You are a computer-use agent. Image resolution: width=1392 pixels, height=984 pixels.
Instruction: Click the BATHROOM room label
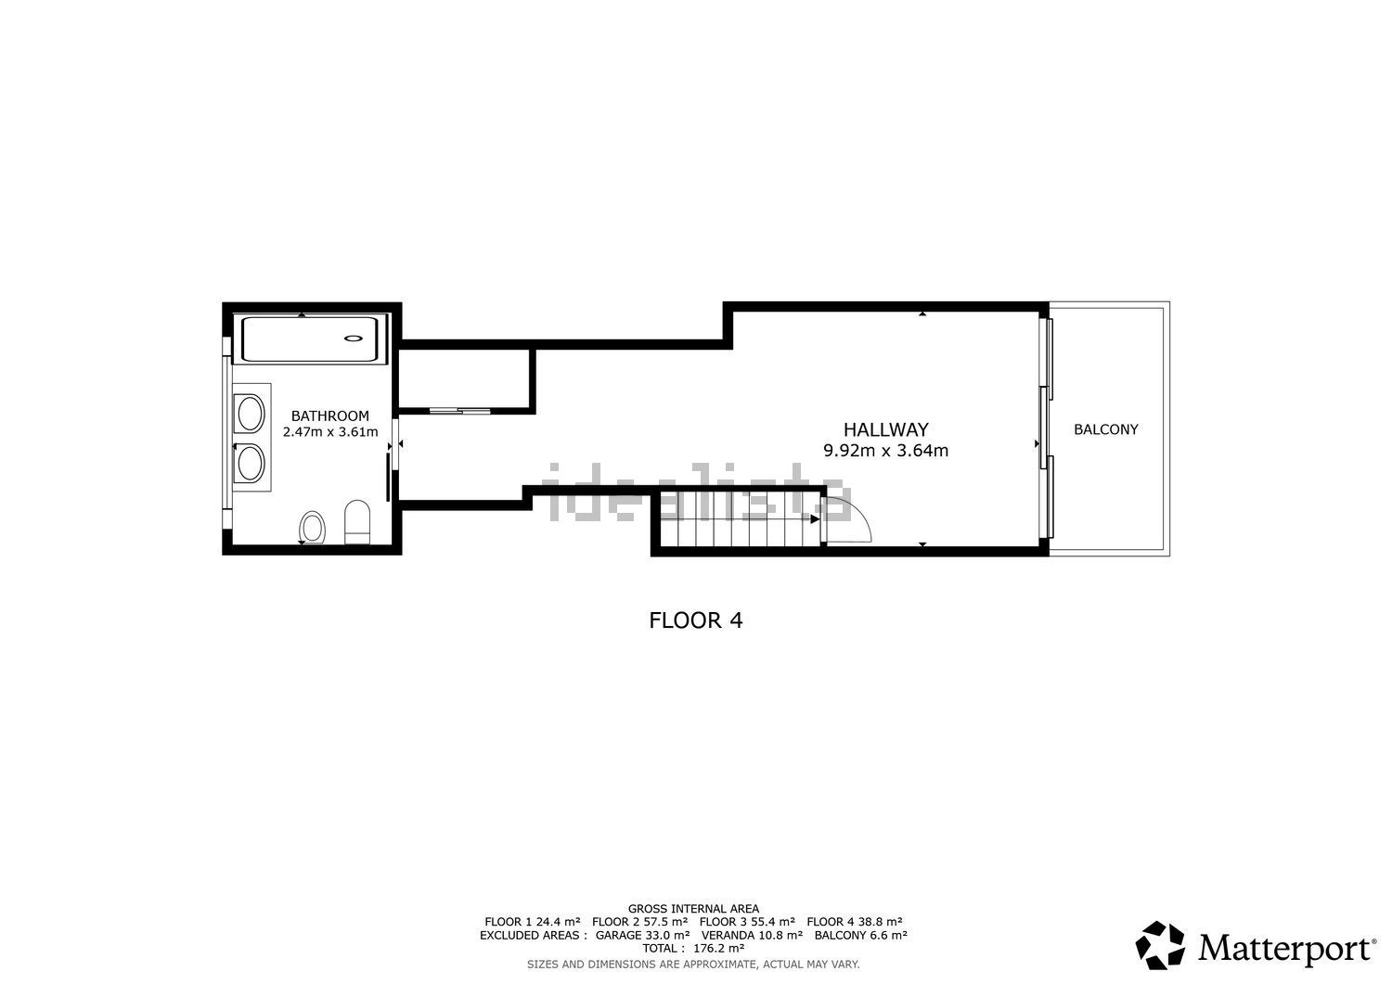coord(330,415)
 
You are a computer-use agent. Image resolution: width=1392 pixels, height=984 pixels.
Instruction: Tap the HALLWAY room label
coord(885,429)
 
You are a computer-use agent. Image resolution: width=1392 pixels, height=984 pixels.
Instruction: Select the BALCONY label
coord(1106,429)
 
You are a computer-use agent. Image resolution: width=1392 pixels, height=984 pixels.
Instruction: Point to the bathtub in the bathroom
coord(309,339)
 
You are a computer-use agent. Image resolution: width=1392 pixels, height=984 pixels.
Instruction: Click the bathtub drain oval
coord(354,338)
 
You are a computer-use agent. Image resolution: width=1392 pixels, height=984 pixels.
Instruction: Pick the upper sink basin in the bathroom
coord(251,413)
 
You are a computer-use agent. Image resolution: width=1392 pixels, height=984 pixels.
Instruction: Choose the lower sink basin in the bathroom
coord(251,463)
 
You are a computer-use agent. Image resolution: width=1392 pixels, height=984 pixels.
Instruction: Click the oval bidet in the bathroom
coord(312,528)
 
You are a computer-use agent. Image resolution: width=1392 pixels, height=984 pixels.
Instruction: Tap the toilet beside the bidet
coord(356,522)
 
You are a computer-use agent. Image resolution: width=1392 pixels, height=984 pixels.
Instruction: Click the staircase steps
coord(740,518)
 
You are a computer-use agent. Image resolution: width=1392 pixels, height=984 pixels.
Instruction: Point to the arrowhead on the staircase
coord(815,518)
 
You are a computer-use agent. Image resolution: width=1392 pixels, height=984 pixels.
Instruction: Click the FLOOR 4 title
coord(695,620)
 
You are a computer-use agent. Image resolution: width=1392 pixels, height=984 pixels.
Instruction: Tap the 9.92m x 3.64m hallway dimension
coord(885,451)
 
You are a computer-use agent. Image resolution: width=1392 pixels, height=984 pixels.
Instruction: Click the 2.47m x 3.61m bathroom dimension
coord(330,432)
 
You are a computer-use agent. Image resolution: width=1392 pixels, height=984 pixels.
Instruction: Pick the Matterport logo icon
coord(1160,945)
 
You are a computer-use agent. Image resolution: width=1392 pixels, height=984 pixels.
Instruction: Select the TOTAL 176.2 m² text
coord(693,948)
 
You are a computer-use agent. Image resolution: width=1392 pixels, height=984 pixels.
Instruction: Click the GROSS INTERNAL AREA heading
coord(693,909)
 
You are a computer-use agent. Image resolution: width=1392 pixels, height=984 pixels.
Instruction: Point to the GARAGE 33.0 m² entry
coord(642,935)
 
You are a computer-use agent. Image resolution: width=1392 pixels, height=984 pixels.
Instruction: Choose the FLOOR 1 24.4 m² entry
coord(533,922)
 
